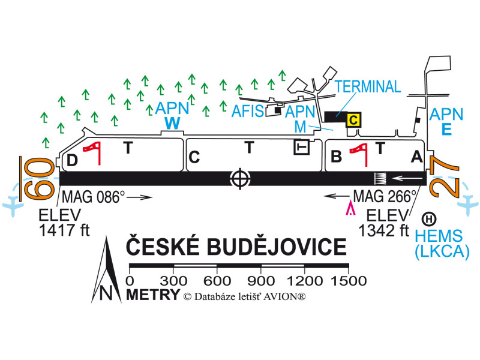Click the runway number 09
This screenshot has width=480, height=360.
click(37, 178)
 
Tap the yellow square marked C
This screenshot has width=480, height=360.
click(354, 120)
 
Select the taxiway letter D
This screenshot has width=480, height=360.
click(72, 160)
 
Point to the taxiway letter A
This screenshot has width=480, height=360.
click(415, 157)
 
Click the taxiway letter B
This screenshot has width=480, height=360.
click(337, 157)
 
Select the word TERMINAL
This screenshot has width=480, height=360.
click(368, 86)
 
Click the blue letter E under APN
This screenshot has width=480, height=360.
click(447, 128)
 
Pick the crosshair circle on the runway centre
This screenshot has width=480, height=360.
click(240, 178)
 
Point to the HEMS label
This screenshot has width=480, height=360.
click(441, 236)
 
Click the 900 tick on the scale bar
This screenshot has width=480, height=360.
click(261, 280)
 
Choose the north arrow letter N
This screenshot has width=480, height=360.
click(106, 293)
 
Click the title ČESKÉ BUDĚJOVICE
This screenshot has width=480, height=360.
click(236, 247)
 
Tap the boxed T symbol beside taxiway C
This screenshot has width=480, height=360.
click(301, 146)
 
